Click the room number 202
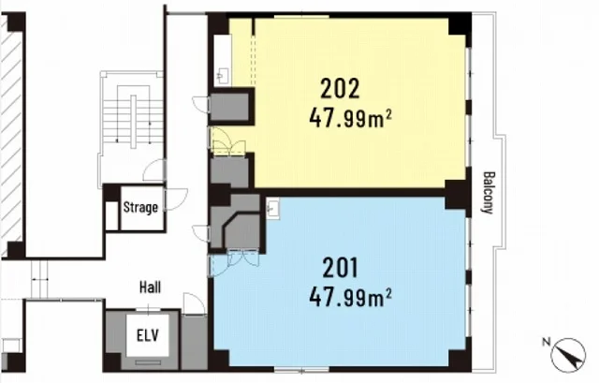(x=340, y=89)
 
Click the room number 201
(x=340, y=268)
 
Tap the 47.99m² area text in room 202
(x=350, y=118)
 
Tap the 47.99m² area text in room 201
(x=350, y=297)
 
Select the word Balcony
(x=489, y=192)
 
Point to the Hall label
(x=150, y=287)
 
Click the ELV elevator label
(x=148, y=335)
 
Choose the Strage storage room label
(x=140, y=207)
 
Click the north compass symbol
(x=568, y=356)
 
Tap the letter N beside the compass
(x=547, y=342)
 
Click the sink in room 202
(x=223, y=75)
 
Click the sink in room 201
(x=273, y=208)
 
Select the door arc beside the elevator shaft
(x=194, y=304)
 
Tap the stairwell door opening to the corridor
(x=154, y=170)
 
